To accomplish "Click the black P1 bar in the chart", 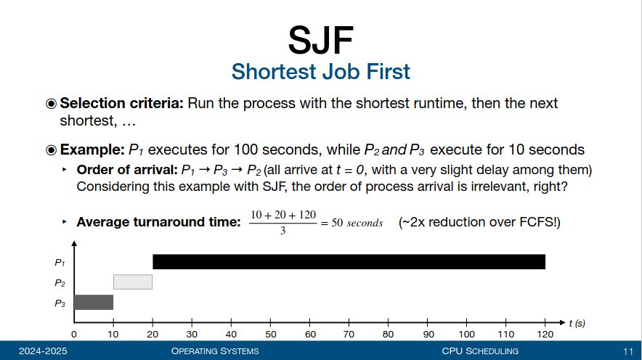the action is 349,262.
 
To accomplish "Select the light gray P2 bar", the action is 133,282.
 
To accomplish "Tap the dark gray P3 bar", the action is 94,303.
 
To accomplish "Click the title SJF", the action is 320,40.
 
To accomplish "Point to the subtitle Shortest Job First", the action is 320,72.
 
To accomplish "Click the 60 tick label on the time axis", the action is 310,334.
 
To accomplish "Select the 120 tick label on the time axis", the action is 545,334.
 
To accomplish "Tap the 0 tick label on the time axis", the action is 73,334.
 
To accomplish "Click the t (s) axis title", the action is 577,323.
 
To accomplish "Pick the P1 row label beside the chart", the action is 60,262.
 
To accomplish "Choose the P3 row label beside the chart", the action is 60,303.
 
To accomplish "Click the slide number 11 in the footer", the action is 628,351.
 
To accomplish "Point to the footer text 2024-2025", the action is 43,351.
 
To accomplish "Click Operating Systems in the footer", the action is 215,351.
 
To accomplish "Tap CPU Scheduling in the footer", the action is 480,351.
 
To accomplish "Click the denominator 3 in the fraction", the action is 283,231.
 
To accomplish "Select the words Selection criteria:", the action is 121,103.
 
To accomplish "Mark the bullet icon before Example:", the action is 51,150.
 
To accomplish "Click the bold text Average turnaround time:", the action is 158,221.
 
